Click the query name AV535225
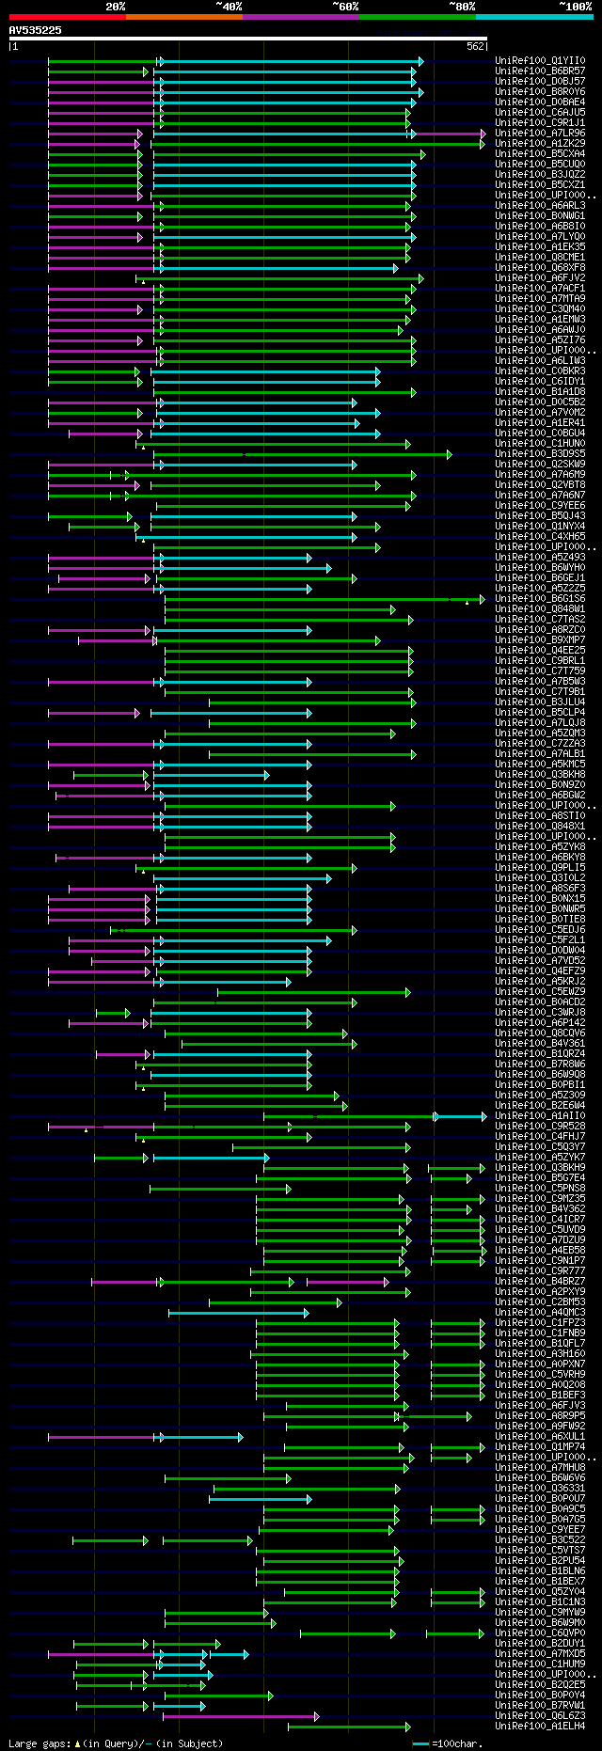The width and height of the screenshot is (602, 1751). (x=36, y=30)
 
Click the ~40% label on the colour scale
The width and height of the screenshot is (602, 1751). (x=229, y=7)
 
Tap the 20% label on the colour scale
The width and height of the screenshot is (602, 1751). (x=116, y=7)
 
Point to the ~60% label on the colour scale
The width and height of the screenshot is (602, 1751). (x=345, y=7)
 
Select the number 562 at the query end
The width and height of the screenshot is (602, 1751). (x=475, y=46)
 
